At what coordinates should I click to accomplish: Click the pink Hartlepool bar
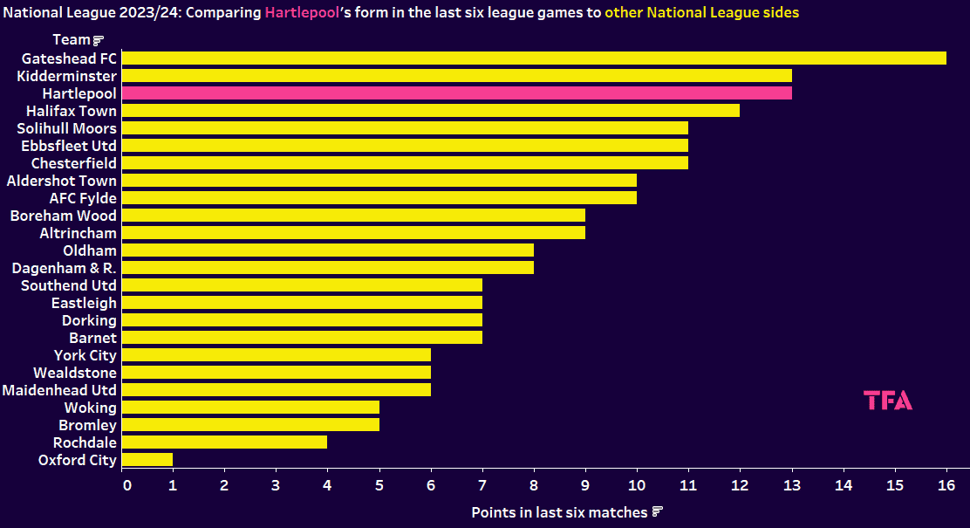(x=457, y=93)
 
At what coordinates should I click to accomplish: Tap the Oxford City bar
(x=147, y=460)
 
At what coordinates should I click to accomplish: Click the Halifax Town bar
(x=431, y=111)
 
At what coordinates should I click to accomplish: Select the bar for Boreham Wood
(x=353, y=216)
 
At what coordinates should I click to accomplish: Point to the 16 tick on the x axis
(x=946, y=484)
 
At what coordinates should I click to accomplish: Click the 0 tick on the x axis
(x=127, y=484)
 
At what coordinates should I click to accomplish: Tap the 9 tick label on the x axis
(x=585, y=484)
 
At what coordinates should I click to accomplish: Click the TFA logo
(x=888, y=401)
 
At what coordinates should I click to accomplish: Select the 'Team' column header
(x=71, y=40)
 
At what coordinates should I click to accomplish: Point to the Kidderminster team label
(x=66, y=76)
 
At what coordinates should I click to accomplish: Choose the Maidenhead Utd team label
(x=59, y=390)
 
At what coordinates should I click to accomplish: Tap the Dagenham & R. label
(x=64, y=268)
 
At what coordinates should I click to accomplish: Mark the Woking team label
(x=90, y=408)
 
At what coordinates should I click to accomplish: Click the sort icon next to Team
(x=99, y=40)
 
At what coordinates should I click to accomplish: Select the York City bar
(x=277, y=355)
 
